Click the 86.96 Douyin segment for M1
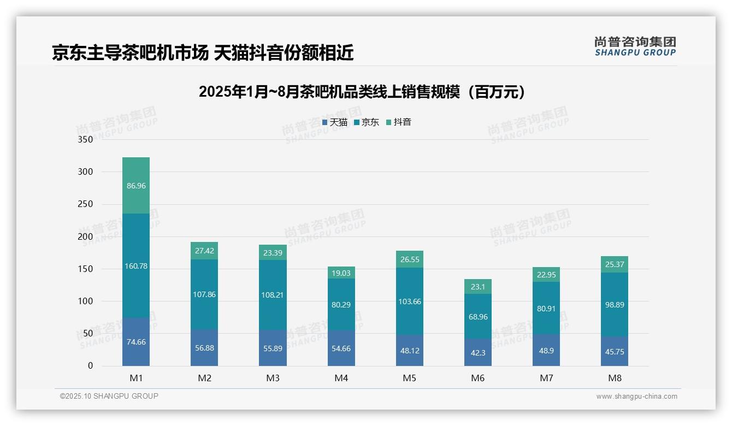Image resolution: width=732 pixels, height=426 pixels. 136,186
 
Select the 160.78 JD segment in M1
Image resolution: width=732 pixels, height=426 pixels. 136,266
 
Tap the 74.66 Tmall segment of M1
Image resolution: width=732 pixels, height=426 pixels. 136,342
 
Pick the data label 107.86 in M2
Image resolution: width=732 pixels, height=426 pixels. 204,294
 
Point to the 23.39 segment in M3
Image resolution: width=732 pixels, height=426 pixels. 273,252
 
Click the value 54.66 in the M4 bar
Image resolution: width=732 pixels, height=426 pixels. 341,348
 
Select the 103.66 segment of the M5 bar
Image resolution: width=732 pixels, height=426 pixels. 410,301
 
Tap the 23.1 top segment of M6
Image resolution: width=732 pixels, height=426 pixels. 478,287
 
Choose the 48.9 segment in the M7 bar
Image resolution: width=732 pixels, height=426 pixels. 546,351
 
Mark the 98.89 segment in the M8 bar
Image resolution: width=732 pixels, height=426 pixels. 615,305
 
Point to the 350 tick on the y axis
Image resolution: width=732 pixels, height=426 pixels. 86,140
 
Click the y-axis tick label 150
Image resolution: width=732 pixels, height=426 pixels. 86,269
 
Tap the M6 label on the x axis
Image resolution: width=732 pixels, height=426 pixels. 478,378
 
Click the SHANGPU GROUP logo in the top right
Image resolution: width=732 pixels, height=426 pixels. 635,46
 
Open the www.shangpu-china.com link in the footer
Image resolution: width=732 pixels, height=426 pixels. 636,397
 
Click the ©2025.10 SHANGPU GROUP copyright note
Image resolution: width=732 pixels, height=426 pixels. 109,396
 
